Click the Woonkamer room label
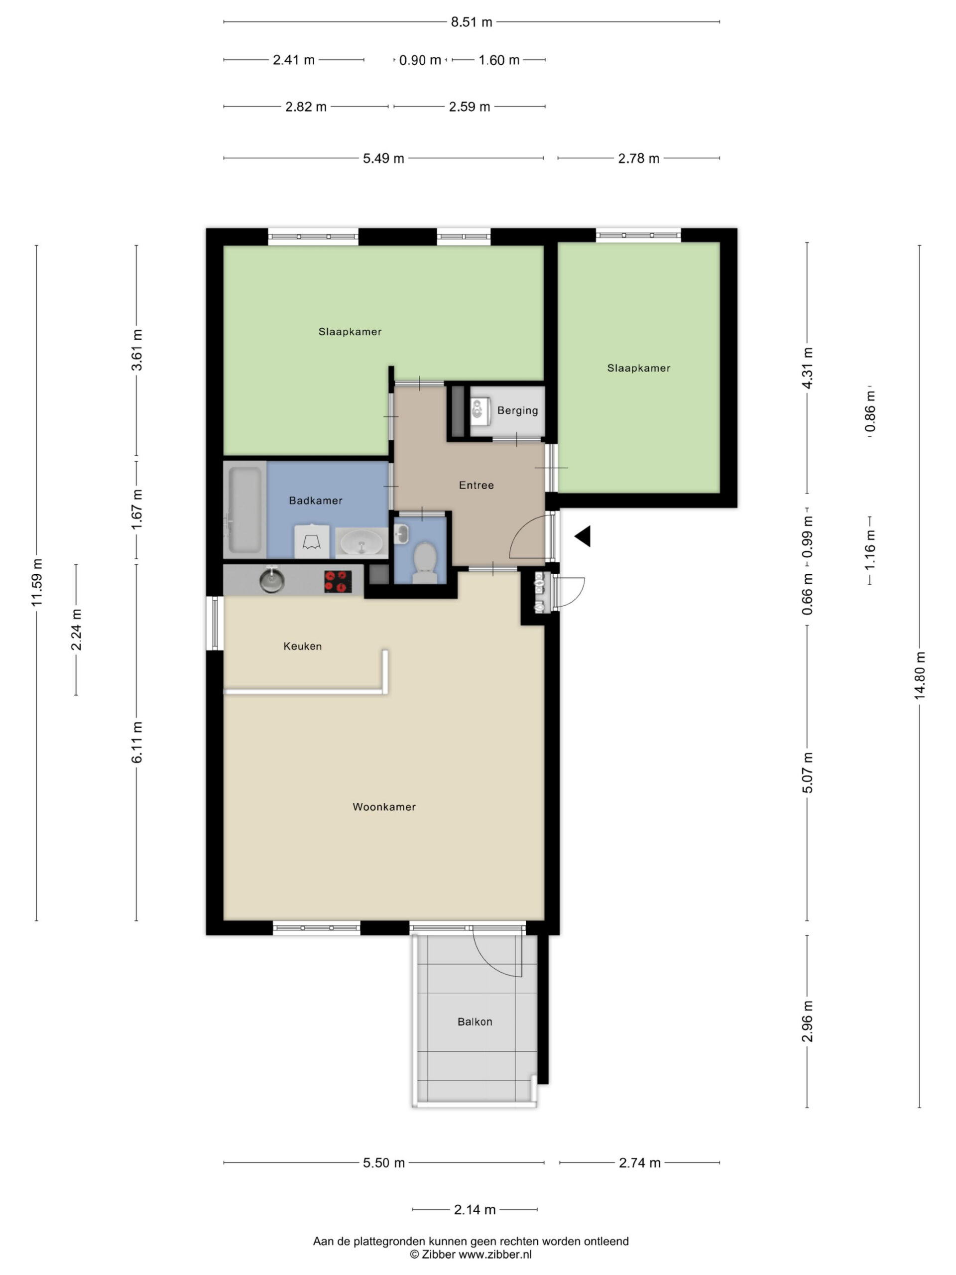coord(384,807)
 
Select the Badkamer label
coord(316,501)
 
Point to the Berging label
coord(517,410)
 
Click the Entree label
coord(476,485)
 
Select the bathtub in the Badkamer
coord(245,510)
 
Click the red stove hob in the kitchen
coord(338,581)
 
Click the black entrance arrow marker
coord(583,536)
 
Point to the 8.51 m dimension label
coord(472,22)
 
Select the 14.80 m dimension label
coord(919,675)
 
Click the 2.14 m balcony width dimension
coord(475,1209)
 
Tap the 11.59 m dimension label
coord(37,582)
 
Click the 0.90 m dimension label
coord(420,60)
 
